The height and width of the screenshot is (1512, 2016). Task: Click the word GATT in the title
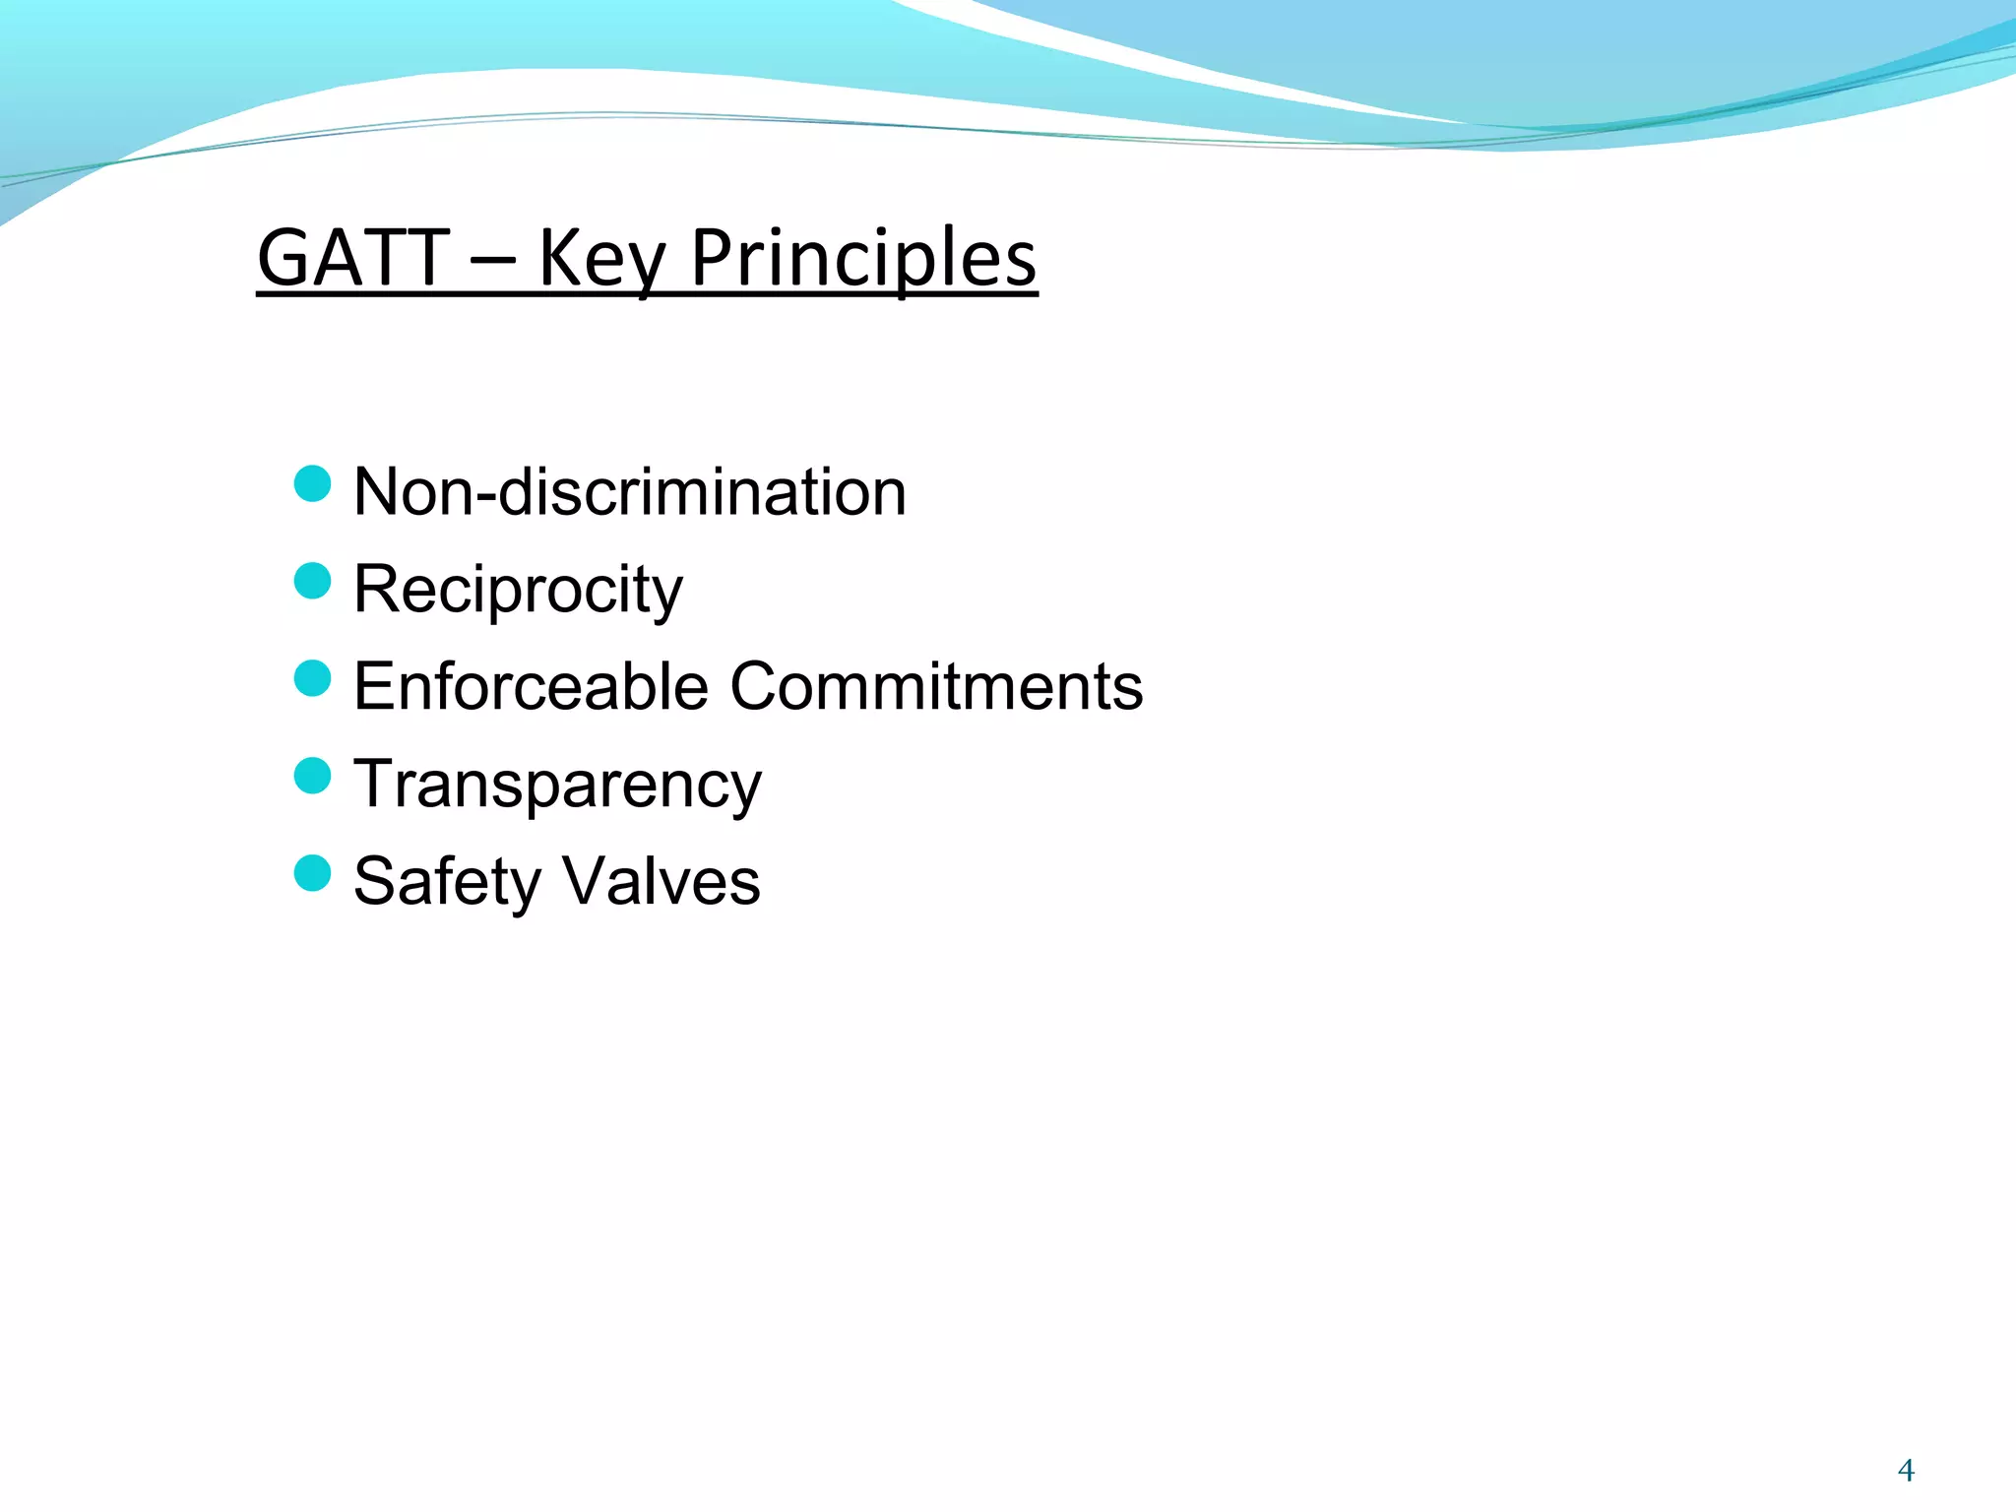pyautogui.click(x=353, y=258)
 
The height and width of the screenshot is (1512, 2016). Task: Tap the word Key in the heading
pyautogui.click(x=601, y=258)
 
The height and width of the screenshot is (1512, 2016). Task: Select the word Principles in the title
pyautogui.click(x=863, y=258)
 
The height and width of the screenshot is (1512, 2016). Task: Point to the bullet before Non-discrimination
pyautogui.click(x=312, y=483)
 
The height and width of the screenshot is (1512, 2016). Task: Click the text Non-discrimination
pyautogui.click(x=629, y=491)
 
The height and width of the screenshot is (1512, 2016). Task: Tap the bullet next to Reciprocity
pyautogui.click(x=312, y=581)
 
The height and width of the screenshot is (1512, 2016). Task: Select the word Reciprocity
pyautogui.click(x=518, y=590)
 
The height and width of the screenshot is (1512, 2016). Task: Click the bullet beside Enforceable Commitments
pyautogui.click(x=312, y=678)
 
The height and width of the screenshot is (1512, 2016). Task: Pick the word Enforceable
pyautogui.click(x=531, y=686)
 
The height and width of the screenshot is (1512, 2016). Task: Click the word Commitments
pyautogui.click(x=936, y=686)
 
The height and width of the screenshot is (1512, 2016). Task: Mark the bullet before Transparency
pyautogui.click(x=312, y=776)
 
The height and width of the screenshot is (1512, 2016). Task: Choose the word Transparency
pyautogui.click(x=557, y=785)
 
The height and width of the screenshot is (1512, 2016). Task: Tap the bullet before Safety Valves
pyautogui.click(x=312, y=872)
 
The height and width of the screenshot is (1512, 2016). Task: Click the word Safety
pyautogui.click(x=447, y=881)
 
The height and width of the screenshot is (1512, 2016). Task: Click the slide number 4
pyautogui.click(x=1906, y=1471)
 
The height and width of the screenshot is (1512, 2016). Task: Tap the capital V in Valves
pyautogui.click(x=584, y=881)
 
